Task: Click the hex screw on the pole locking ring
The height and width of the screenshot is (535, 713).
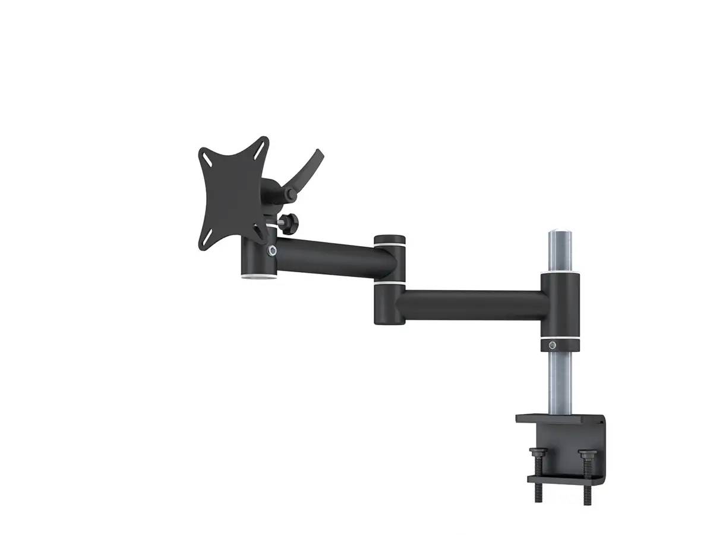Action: pyautogui.click(x=554, y=345)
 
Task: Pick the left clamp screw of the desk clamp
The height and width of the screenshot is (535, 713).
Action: pyautogui.click(x=537, y=470)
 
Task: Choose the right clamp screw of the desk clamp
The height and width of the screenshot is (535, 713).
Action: pyautogui.click(x=585, y=470)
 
